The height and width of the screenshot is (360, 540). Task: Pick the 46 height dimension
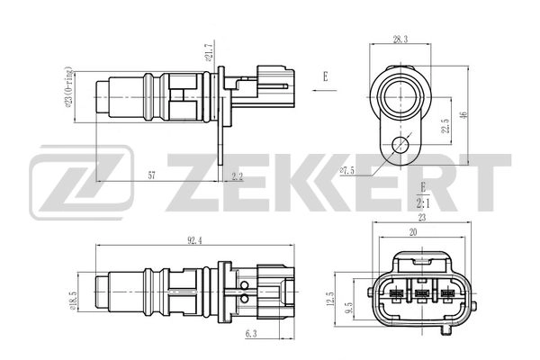pyautogui.click(x=465, y=116)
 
